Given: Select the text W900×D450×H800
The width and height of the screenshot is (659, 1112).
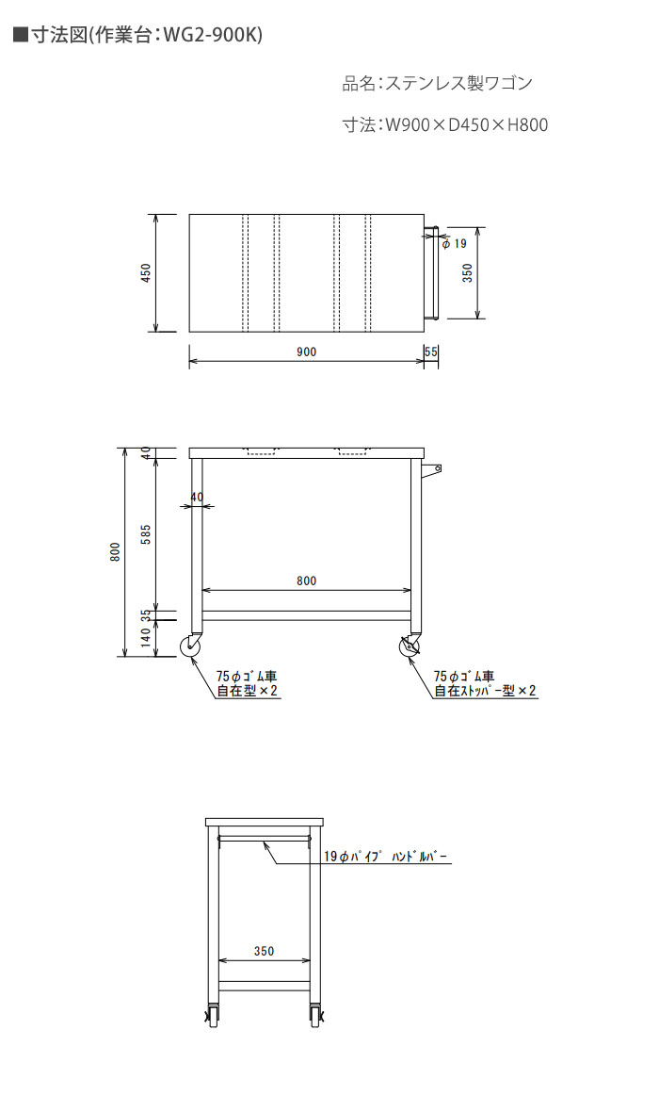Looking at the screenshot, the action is pos(466,124).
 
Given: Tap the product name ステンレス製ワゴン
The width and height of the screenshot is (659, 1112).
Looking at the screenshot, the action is pos(458,83).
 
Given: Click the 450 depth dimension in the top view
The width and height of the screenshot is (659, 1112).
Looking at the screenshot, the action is pos(147,273).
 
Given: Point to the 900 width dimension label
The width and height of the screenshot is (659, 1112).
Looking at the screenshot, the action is pos(307,352).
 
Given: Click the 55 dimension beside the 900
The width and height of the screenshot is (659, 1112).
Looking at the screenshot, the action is pos(431,352).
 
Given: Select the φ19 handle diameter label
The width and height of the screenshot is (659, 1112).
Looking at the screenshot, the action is pos(455,244).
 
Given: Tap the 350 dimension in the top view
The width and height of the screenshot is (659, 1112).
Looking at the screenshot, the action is pos(468,273).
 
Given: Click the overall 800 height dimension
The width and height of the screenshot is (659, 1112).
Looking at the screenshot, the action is pos(116,551).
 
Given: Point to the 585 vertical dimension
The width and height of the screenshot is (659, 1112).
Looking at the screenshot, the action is pos(147,533).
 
